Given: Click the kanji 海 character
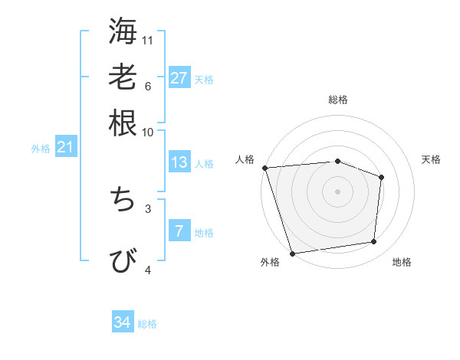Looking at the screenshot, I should point(123,31).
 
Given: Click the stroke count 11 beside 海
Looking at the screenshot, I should point(148,40).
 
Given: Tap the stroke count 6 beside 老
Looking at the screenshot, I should point(147,86).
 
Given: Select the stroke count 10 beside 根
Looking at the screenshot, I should point(148,132).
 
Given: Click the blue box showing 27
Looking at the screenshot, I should point(179,77).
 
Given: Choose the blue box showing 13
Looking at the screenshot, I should point(179,162).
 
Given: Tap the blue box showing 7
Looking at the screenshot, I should point(179,231).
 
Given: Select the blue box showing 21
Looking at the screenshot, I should point(65,147).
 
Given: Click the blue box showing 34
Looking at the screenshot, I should point(123,322).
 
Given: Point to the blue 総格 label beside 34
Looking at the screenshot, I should point(147,324).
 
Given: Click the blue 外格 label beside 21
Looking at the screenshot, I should point(41,149).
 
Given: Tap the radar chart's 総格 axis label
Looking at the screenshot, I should point(337,100).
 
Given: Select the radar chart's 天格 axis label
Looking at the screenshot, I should point(431,159).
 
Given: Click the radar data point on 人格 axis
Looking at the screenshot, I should point(264,167).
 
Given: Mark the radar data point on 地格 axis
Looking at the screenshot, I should point(374,242).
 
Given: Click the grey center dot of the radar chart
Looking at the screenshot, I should point(337,191).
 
